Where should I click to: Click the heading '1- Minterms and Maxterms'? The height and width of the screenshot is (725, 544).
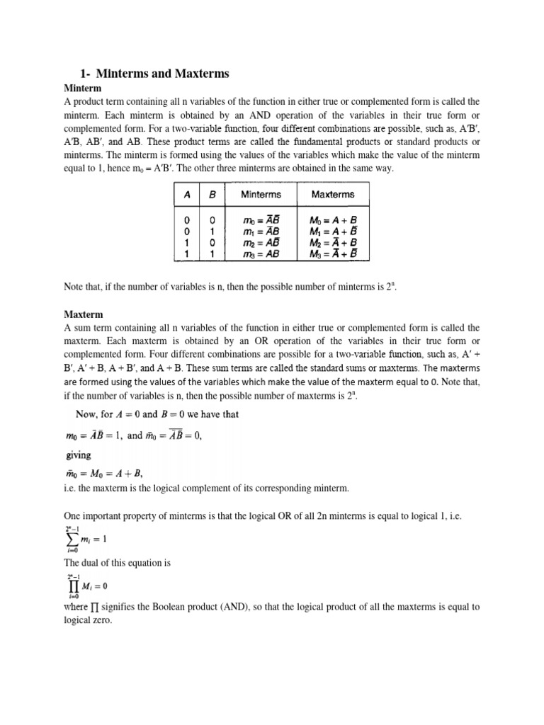tap(154, 74)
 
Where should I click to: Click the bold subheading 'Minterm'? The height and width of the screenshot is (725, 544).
tap(84, 89)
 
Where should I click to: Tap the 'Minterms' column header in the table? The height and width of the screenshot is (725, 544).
tap(261, 194)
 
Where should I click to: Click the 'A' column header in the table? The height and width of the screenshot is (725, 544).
tap(186, 194)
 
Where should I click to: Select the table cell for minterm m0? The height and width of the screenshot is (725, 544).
tap(260, 220)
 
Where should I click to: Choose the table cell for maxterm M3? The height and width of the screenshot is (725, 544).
tap(333, 252)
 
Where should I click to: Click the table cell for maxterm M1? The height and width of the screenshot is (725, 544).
tap(333, 231)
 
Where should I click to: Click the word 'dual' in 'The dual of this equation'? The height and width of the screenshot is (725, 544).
tap(93, 563)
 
